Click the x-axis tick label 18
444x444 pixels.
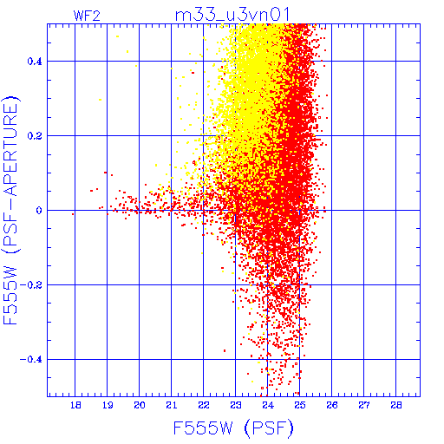pyautogui.click(x=75, y=406)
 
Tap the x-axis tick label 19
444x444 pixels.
pyautogui.click(x=108, y=406)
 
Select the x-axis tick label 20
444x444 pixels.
pyautogui.click(x=140, y=406)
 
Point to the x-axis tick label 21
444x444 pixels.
pyautogui.click(x=172, y=406)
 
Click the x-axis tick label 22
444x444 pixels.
pyautogui.click(x=204, y=406)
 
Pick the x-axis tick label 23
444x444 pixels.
pyautogui.click(x=236, y=406)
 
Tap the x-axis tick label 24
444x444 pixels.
pyautogui.click(x=268, y=406)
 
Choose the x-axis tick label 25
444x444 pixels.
pyautogui.click(x=300, y=406)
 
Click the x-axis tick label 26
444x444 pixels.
pyautogui.click(x=332, y=406)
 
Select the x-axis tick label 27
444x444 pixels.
pyautogui.click(x=364, y=406)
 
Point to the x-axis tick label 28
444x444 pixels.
pyautogui.click(x=396, y=406)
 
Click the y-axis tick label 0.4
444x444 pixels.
pyautogui.click(x=35, y=62)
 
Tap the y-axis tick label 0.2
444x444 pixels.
pyautogui.click(x=35, y=136)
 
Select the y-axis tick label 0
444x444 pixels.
pyautogui.click(x=39, y=211)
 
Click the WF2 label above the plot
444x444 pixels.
pyautogui.click(x=87, y=16)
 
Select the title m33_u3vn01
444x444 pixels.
pyautogui.click(x=232, y=15)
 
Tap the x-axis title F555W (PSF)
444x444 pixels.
pyautogui.click(x=233, y=428)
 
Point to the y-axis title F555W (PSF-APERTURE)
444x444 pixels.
pyautogui.click(x=10, y=210)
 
